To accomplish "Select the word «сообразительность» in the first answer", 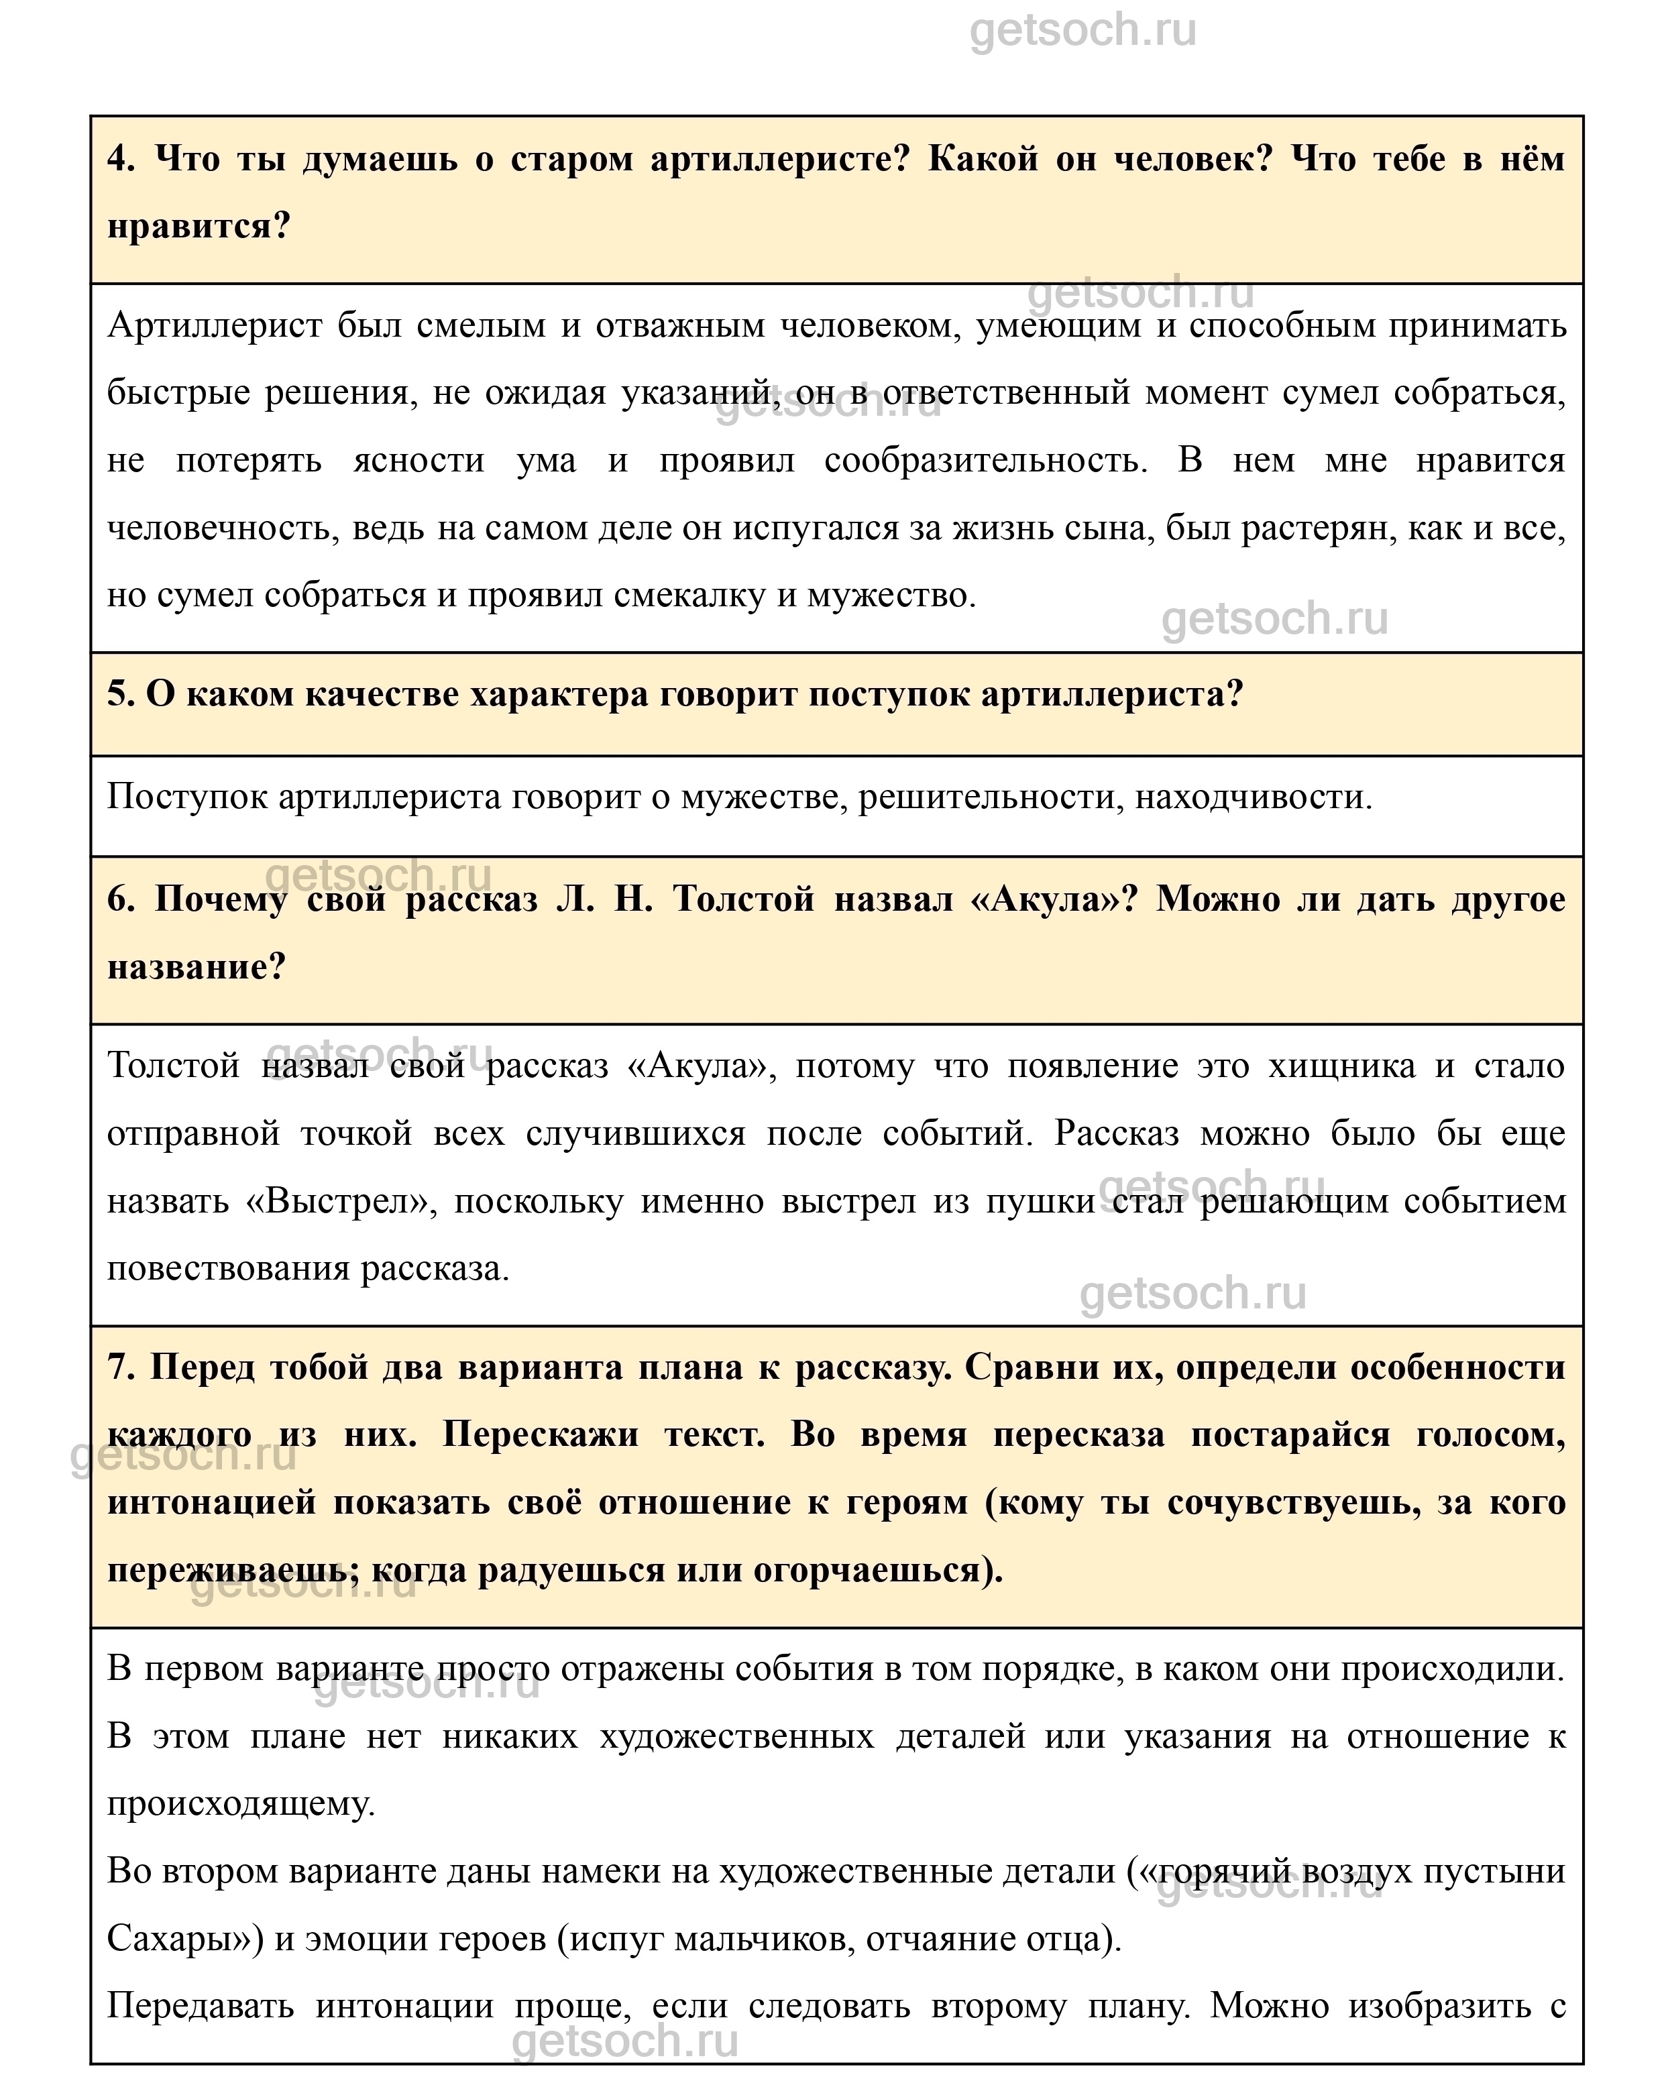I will (985, 461).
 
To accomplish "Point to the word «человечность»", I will (222, 528).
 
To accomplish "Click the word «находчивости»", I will (1252, 797).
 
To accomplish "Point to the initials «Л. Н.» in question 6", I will (605, 899).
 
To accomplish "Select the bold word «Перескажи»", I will (541, 1435).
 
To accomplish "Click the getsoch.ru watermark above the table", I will (1082, 30).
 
